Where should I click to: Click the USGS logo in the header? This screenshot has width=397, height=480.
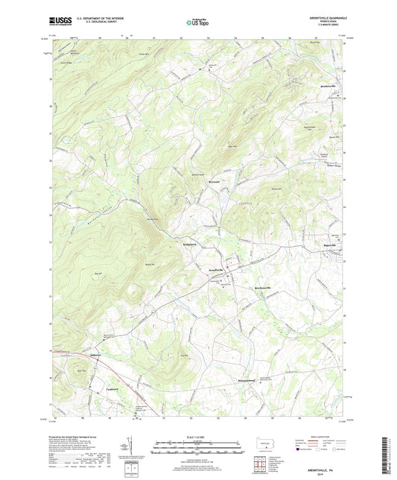[x=59, y=23]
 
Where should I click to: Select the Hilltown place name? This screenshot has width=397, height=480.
[x=96, y=355]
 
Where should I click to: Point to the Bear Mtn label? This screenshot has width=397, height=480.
[x=232, y=147]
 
